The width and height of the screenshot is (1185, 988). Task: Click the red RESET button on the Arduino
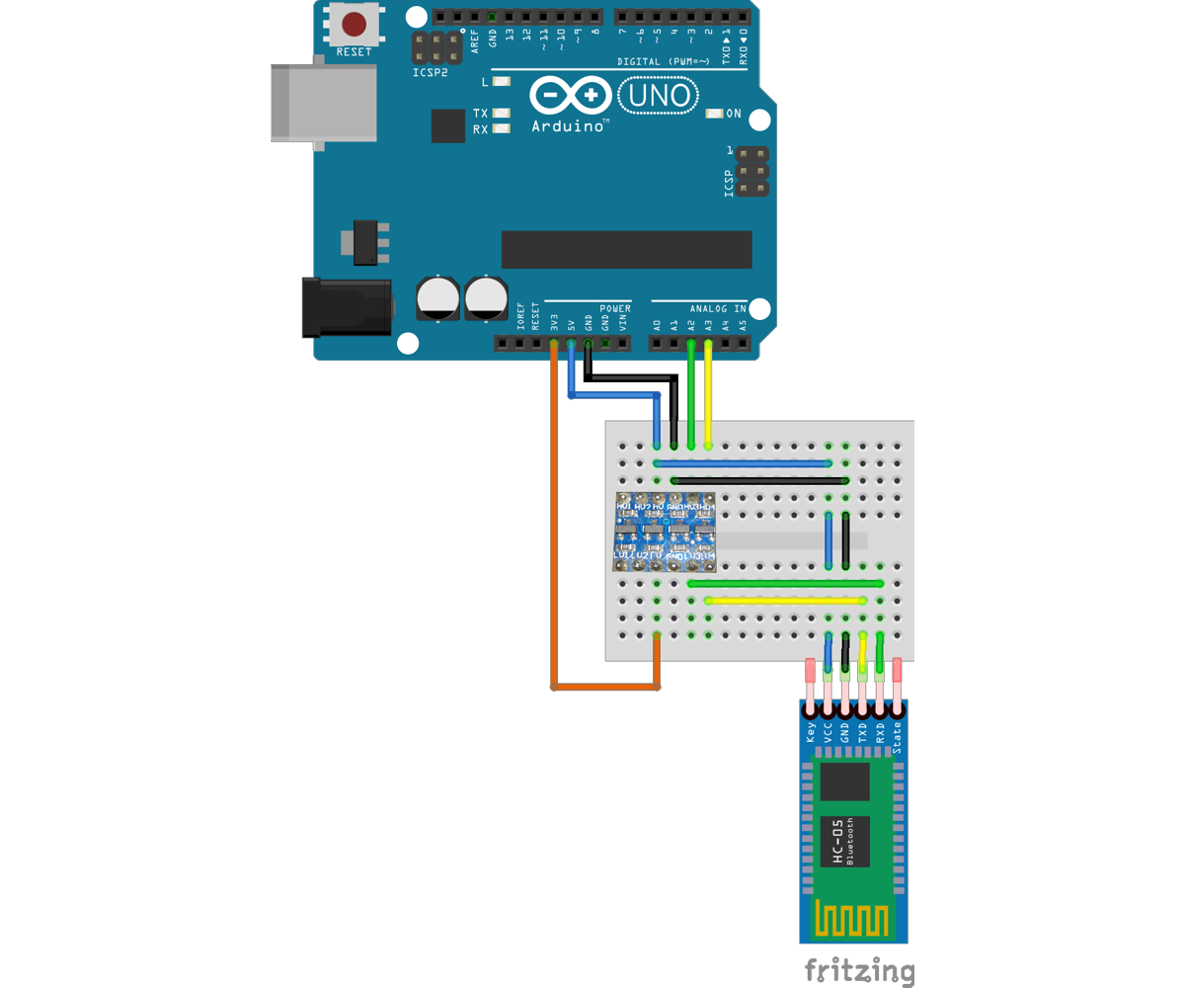pos(354,24)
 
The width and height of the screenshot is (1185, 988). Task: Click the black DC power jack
pos(346,307)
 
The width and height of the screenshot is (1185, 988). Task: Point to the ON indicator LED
pos(715,114)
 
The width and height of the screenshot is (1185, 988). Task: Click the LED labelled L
pos(501,82)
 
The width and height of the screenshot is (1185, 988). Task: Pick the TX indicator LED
pos(501,114)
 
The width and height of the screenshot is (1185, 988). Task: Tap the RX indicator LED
pos(501,129)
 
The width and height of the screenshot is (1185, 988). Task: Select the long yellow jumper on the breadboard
pos(785,601)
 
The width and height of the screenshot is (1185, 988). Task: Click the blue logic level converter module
pos(665,533)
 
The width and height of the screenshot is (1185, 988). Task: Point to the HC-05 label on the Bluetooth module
pos(837,842)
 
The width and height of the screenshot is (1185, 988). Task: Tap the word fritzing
pos(859,970)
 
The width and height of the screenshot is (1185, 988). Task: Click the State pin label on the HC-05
pos(897,737)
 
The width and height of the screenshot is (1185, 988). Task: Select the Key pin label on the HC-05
pos(811,732)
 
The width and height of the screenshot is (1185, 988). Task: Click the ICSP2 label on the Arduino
pos(431,73)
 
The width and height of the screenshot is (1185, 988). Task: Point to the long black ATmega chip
pos(626,250)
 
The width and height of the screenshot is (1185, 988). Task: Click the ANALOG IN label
pos(718,309)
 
